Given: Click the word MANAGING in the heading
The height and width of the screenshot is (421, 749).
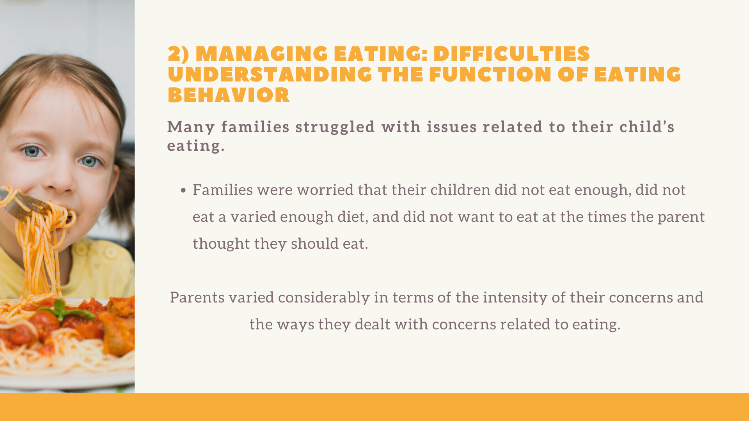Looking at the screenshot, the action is coord(261,54).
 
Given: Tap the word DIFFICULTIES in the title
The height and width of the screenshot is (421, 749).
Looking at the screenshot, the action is coord(512,54).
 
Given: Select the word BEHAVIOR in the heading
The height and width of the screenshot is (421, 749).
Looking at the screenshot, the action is coord(229,95).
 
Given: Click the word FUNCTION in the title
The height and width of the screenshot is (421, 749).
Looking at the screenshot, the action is coord(490,75).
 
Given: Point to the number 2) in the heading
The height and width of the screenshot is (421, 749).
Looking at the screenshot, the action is coord(178,54).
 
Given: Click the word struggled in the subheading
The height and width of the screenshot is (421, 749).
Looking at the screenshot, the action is coord(335,127).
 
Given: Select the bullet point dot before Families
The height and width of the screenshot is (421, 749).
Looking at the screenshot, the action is coord(183,191).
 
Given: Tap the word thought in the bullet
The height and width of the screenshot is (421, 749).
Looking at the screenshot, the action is coord(221,244).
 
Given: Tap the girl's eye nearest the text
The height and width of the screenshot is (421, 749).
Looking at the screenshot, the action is coord(90,161).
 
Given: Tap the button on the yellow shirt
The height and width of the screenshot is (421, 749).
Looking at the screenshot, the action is coord(111,253).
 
